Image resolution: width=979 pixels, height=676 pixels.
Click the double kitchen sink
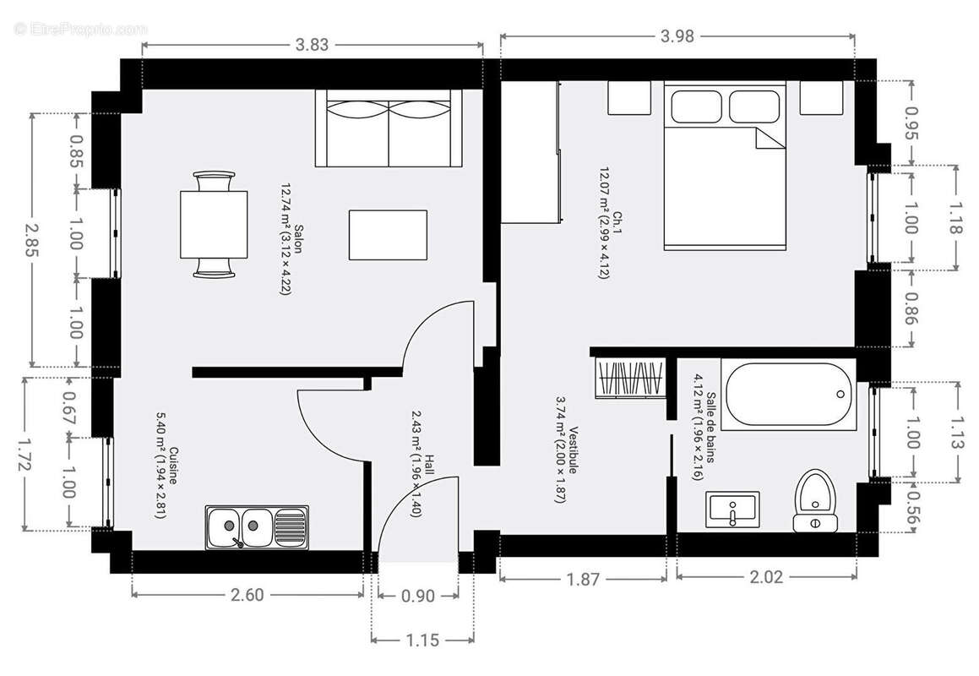coord(256,527)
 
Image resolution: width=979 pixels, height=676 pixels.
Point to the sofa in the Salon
coord(389,128)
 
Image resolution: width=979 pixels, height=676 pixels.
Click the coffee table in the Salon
coord(389,234)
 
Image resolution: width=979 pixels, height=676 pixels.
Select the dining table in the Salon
coord(214,224)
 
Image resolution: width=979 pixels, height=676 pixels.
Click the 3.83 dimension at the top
coord(313,45)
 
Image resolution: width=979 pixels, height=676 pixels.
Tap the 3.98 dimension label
coord(677,35)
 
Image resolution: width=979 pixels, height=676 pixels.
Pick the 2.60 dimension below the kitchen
coord(247,595)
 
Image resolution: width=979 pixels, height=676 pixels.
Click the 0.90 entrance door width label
coord(417,597)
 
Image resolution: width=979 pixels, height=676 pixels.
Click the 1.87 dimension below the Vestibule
coord(583,579)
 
